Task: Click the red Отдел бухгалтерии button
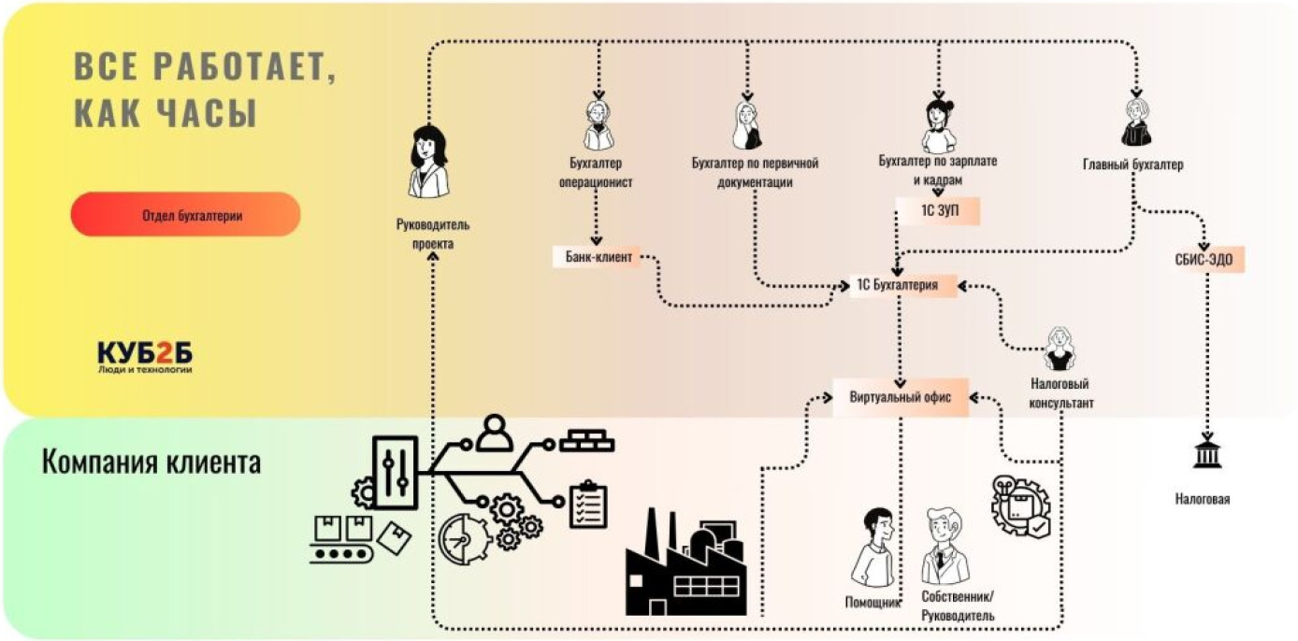coord(185,215)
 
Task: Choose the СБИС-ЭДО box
coord(1209,259)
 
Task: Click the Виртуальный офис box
coord(901,397)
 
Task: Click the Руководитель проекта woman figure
coord(428,163)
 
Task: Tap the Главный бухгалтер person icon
coord(1135,122)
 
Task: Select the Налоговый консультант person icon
coord(1060,349)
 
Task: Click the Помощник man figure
coord(873,548)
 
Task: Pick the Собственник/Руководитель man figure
coord(947,548)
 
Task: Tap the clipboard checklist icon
coord(588,506)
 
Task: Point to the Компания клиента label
coord(151,462)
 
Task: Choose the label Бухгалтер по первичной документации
coord(755,173)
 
